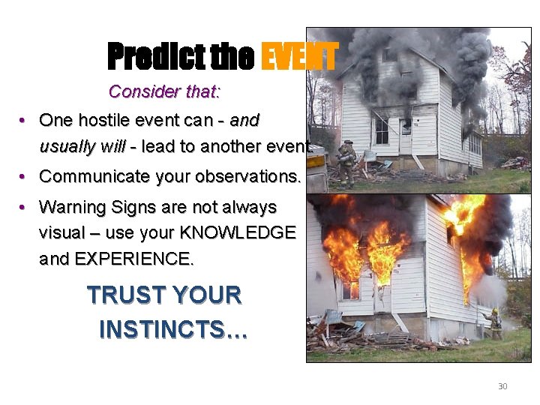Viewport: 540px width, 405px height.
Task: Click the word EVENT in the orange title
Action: pyautogui.click(x=298, y=55)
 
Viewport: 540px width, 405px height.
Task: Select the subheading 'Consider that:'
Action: pyautogui.click(x=164, y=91)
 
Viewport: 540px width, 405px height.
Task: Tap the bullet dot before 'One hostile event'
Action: pyautogui.click(x=24, y=121)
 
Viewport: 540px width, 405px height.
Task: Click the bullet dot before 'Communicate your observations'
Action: pyautogui.click(x=24, y=177)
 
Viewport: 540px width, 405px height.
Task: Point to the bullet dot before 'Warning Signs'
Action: pyautogui.click(x=24, y=207)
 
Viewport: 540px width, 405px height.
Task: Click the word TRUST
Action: pyautogui.click(x=122, y=295)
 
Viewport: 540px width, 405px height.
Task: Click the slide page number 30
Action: pyautogui.click(x=502, y=386)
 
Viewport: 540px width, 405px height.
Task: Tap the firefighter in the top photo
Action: pyautogui.click(x=346, y=162)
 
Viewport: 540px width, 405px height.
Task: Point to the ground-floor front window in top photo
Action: pyautogui.click(x=381, y=130)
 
